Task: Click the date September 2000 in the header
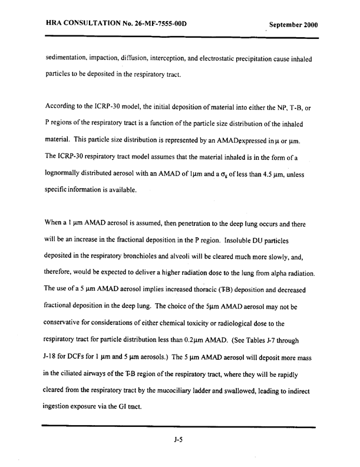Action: pos(293,25)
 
